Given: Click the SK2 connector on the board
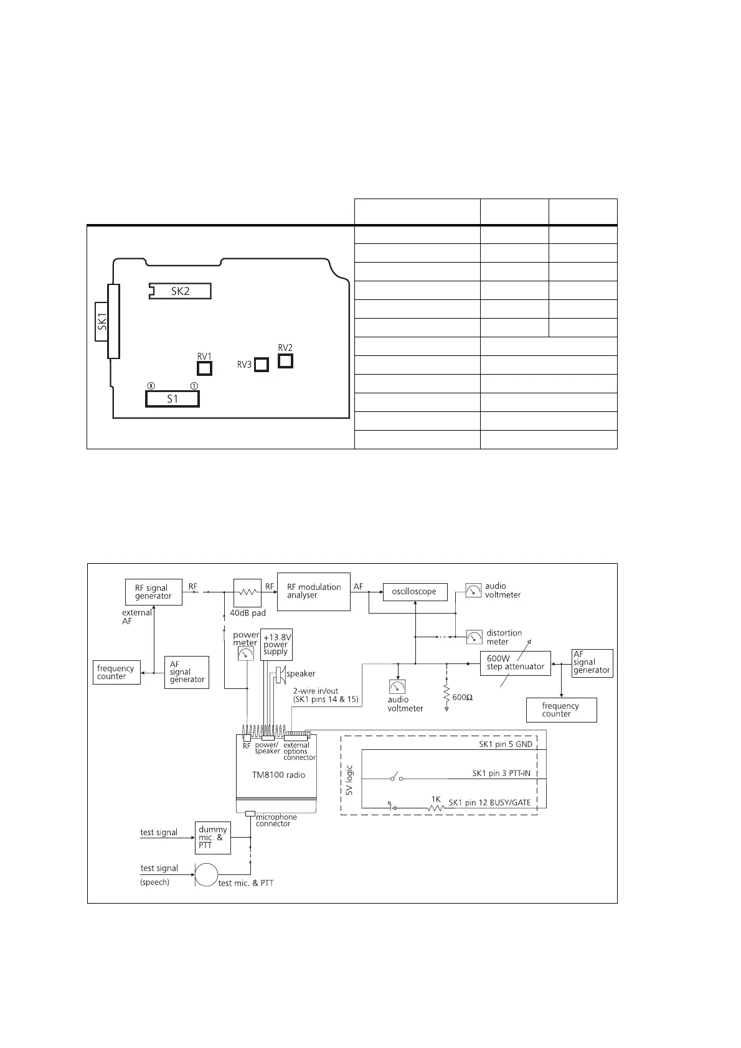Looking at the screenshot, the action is (x=180, y=291).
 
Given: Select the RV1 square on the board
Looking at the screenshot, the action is (x=204, y=368).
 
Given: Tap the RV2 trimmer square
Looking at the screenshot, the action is (x=285, y=360).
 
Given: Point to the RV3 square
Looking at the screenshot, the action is (x=262, y=365).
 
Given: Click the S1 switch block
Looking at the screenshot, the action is (x=172, y=398).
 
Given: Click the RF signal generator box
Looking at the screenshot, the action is (x=153, y=592).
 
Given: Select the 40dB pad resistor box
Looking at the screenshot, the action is (x=247, y=593).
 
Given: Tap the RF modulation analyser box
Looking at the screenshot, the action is (x=313, y=591).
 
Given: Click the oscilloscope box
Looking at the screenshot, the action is (x=415, y=591).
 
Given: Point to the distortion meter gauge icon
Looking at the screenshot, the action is (x=474, y=637).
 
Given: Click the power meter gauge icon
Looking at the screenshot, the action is (x=246, y=653).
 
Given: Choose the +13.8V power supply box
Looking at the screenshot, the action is (x=276, y=643).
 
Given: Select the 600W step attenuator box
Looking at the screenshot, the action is (x=516, y=662).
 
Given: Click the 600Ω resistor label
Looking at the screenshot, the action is (x=462, y=698).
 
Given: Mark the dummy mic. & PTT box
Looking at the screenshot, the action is (x=212, y=837).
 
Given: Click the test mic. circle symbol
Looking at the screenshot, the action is (x=205, y=875).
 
